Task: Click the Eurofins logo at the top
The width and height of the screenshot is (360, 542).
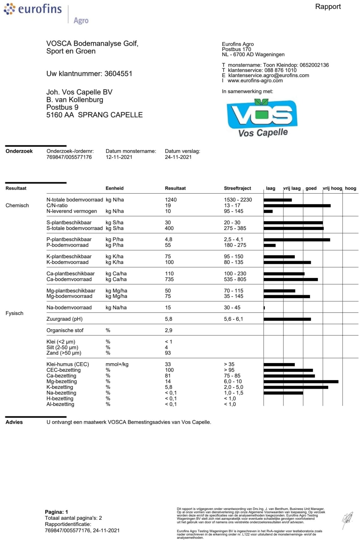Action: (33, 9)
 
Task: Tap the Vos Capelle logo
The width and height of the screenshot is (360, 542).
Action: (262, 118)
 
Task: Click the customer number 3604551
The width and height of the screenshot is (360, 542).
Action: (118, 74)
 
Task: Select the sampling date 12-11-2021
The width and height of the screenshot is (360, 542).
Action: (119, 157)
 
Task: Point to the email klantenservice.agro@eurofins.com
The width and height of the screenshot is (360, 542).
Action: (269, 75)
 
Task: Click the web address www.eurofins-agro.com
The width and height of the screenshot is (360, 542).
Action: (255, 81)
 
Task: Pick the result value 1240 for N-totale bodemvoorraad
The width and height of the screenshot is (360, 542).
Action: (171, 200)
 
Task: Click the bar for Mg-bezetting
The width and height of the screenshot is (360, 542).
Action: (301, 382)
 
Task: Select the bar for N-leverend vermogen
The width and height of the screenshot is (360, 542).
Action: (268, 211)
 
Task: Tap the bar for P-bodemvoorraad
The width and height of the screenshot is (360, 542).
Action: (269, 245)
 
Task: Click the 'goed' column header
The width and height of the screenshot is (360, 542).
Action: (311, 188)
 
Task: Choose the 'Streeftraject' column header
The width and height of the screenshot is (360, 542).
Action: (237, 188)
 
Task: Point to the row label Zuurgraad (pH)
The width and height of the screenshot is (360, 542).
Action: (64, 319)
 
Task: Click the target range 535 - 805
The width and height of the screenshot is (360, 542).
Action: (235, 279)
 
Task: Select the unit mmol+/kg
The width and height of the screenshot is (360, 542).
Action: (117, 364)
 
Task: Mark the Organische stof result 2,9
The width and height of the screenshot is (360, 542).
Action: (169, 330)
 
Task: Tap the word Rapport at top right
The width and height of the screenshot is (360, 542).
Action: (328, 6)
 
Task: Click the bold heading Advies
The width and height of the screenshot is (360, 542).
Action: (14, 422)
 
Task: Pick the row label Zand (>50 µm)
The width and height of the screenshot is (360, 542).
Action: (64, 353)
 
